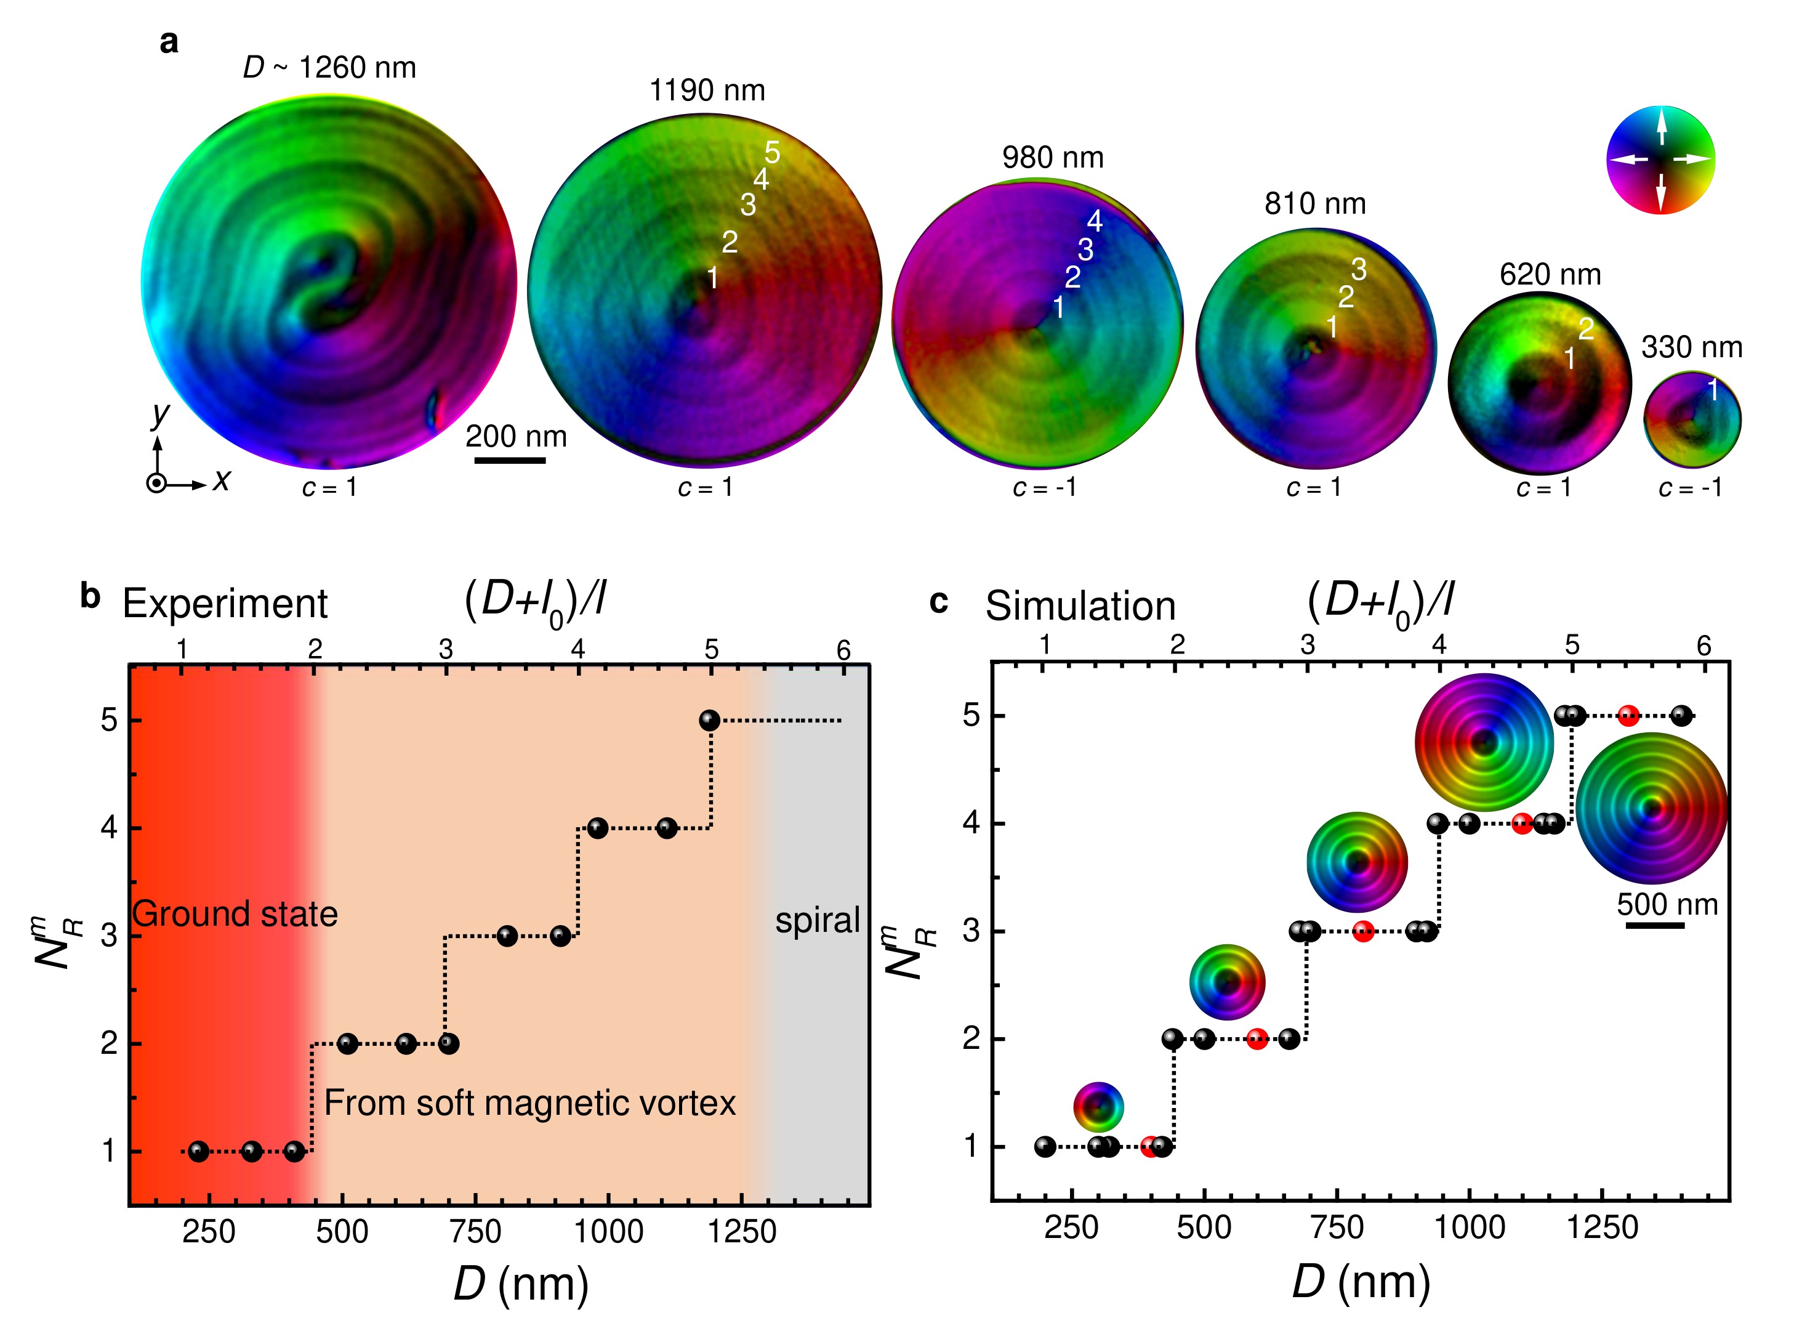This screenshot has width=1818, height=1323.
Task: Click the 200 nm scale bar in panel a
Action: [x=510, y=460]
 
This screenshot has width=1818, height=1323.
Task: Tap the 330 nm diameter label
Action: [x=1691, y=347]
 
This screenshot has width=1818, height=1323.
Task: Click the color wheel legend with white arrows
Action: [x=1660, y=160]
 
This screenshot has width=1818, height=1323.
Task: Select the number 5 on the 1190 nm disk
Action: [x=772, y=152]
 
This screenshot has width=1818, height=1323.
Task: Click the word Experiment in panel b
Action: [x=225, y=603]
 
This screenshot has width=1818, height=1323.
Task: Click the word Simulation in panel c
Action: [x=1080, y=605]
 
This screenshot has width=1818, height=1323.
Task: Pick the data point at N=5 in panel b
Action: [x=709, y=720]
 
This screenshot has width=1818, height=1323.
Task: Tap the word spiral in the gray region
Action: [x=817, y=920]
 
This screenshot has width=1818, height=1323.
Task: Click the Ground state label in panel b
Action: [x=235, y=914]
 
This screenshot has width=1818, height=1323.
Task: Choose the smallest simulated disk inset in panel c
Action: [x=1098, y=1107]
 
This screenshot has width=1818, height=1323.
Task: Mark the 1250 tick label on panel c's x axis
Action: [x=1601, y=1228]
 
